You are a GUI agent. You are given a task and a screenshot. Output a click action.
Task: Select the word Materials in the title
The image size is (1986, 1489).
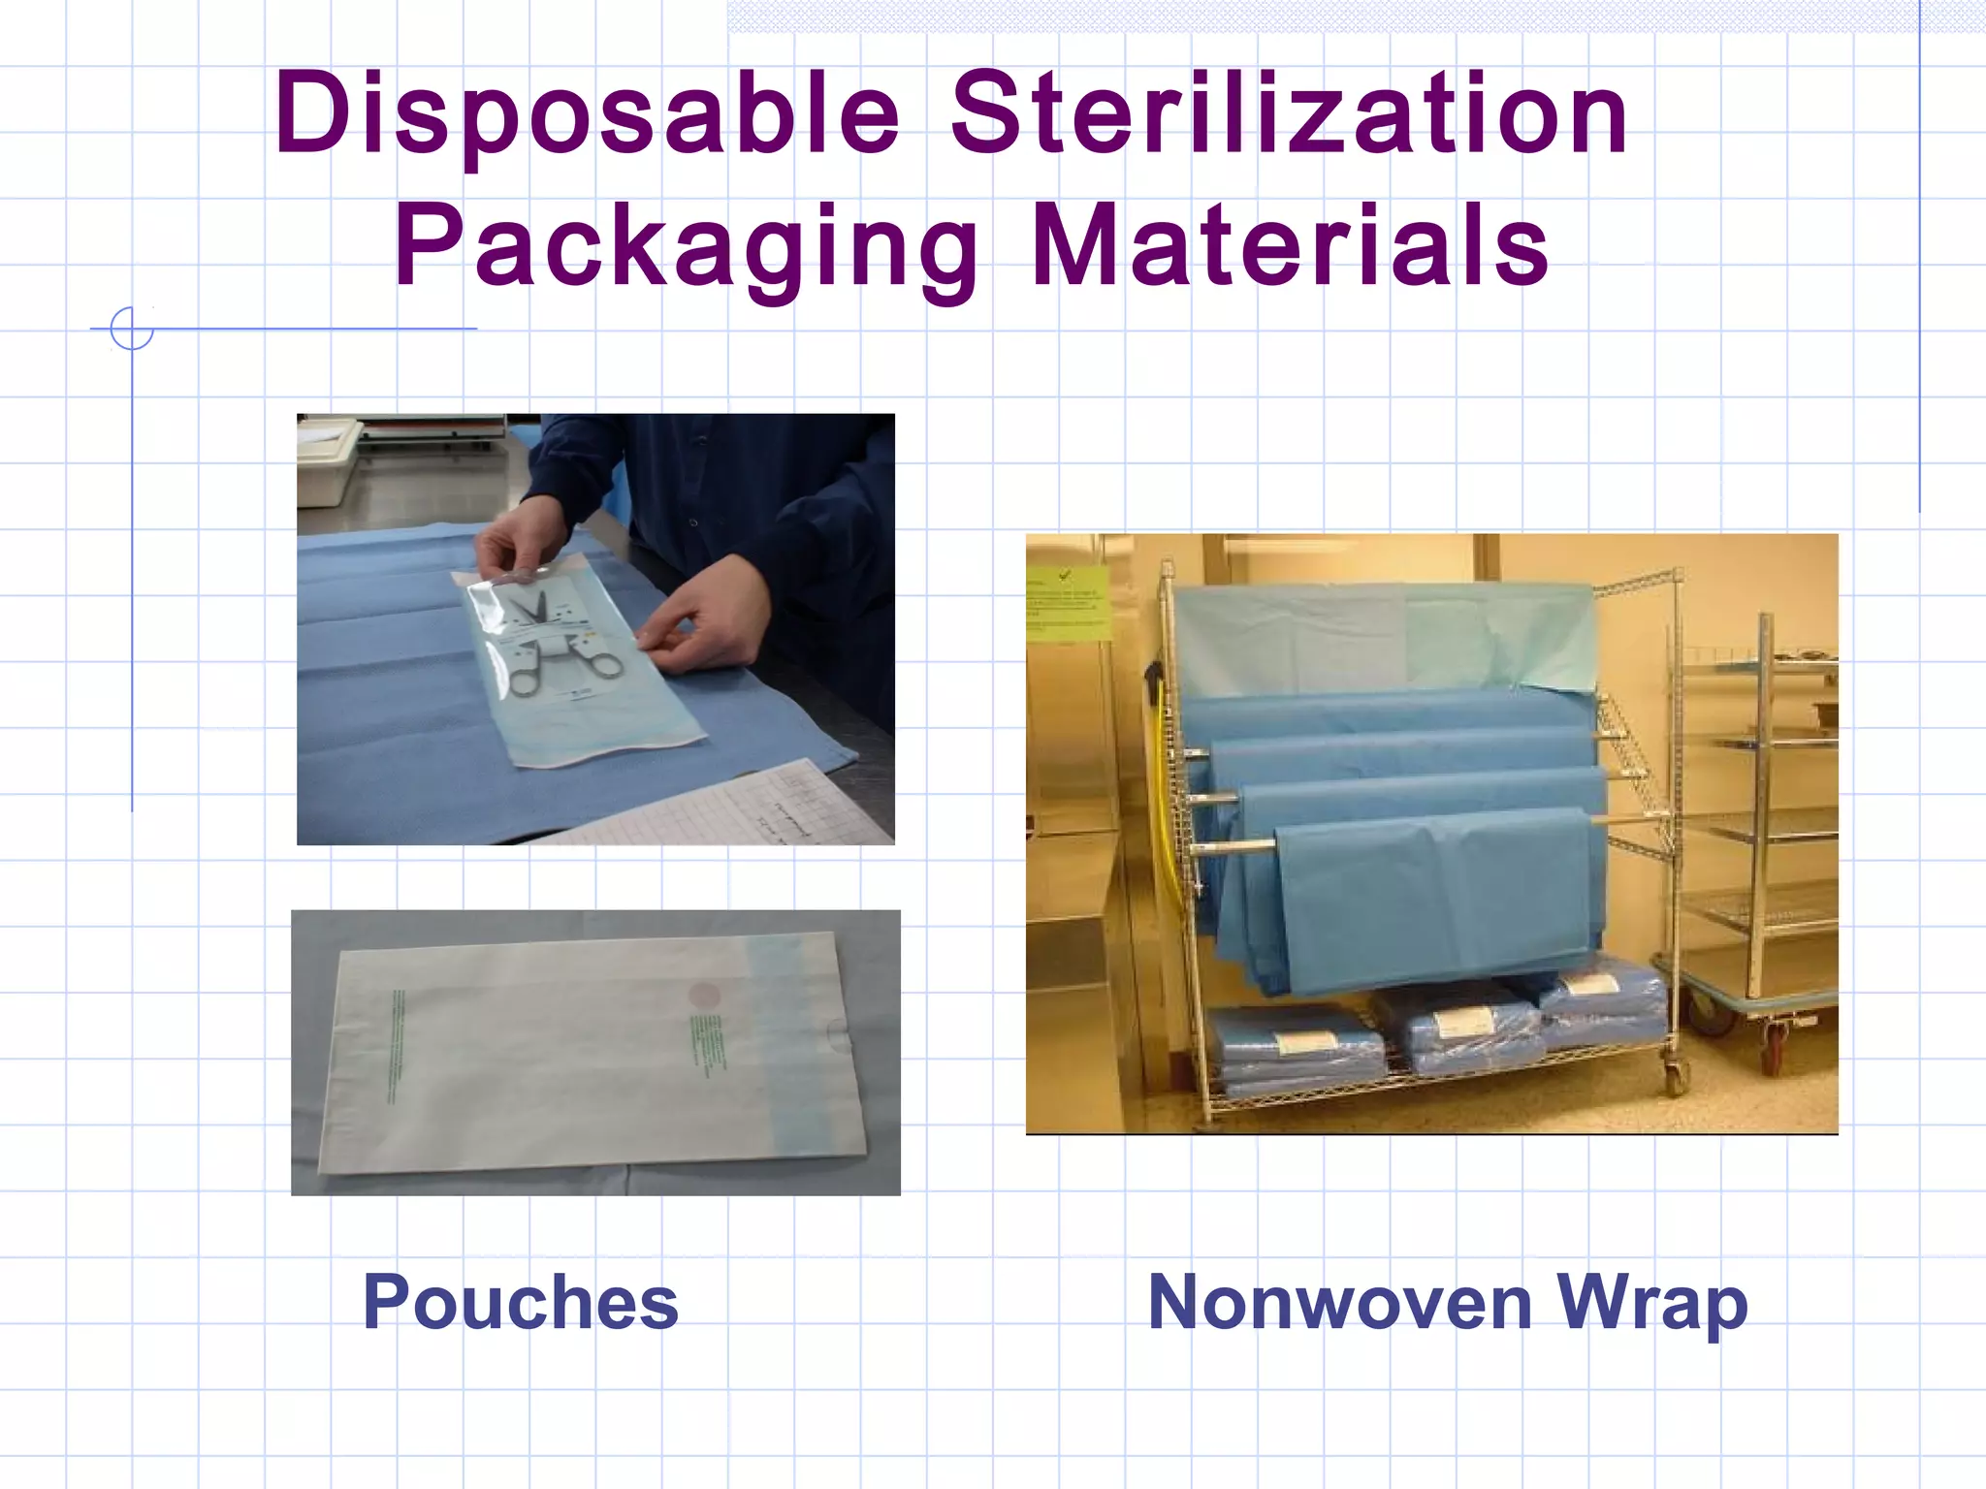[1290, 247]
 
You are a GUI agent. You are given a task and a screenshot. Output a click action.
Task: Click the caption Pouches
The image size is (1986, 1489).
[521, 1303]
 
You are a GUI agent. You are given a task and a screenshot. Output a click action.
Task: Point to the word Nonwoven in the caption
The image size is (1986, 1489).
[1339, 1303]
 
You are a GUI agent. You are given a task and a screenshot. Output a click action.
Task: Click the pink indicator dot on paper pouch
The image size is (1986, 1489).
[703, 995]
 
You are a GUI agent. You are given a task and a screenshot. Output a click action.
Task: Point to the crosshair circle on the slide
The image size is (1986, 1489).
[132, 329]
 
